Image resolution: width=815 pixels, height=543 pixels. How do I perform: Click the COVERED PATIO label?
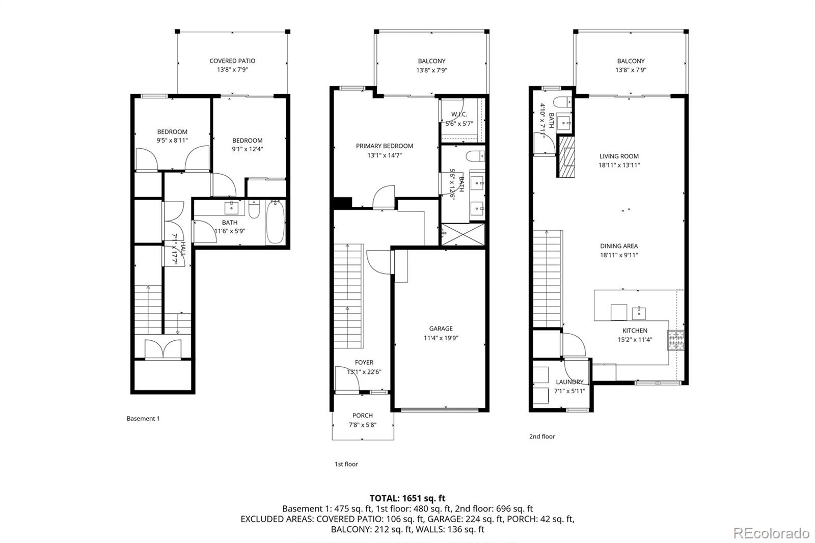(x=232, y=61)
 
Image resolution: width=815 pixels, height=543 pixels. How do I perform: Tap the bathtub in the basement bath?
(x=275, y=223)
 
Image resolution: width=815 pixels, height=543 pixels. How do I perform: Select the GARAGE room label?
(x=441, y=329)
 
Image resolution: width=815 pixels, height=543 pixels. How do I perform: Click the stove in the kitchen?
(x=676, y=340)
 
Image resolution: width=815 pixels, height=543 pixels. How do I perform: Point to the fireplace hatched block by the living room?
(x=566, y=156)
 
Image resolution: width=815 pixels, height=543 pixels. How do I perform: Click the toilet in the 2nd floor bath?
(x=562, y=101)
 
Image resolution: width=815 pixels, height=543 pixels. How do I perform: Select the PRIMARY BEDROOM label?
(x=385, y=146)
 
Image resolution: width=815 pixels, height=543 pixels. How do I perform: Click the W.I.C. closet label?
(x=459, y=115)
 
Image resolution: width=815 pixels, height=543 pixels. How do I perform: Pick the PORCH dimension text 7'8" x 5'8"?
(x=363, y=425)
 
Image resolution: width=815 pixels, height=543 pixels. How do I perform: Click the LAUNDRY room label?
(x=569, y=382)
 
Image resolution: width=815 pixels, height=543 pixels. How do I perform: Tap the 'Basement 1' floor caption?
(x=143, y=419)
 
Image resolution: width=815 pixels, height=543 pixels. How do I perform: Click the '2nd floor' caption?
(x=542, y=437)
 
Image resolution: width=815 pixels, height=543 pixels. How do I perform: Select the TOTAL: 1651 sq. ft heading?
(x=407, y=498)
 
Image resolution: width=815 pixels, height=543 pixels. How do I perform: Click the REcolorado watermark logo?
(x=771, y=533)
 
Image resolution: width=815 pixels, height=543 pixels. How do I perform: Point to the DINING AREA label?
(x=619, y=246)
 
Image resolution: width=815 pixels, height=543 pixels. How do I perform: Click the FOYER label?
(x=364, y=363)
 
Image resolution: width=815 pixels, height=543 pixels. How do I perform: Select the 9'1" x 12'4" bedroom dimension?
(x=248, y=149)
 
